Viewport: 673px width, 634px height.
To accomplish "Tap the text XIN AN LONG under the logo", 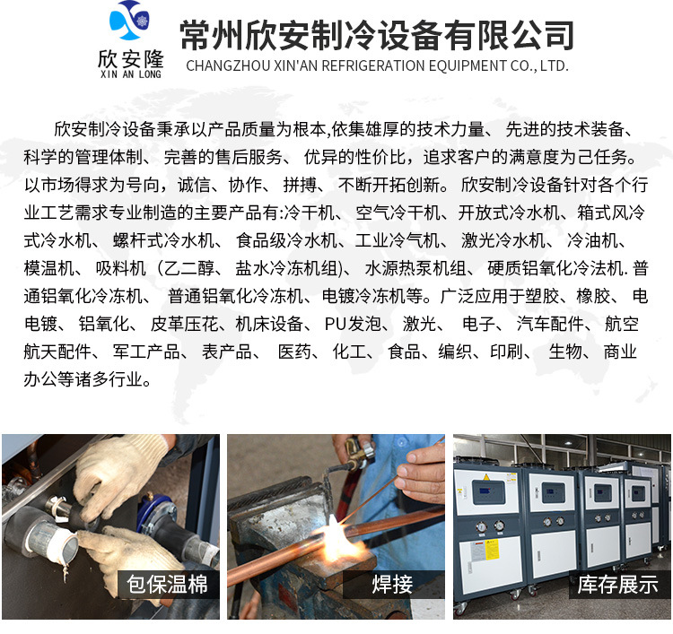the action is [130, 74].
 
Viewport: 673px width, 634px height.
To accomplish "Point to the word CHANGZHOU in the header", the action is [228, 65].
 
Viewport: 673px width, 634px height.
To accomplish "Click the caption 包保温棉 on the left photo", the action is [167, 585].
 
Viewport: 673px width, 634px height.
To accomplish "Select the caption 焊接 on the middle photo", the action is [392, 585].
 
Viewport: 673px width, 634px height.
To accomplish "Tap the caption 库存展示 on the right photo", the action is [617, 585].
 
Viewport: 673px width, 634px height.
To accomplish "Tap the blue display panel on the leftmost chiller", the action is [487, 492].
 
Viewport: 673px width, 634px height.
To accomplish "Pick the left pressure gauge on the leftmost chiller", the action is [482, 526].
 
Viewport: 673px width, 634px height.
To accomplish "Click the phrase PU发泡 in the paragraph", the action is [353, 324].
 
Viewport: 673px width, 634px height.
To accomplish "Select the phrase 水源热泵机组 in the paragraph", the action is [415, 268].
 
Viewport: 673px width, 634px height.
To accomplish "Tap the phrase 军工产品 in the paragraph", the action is [146, 352].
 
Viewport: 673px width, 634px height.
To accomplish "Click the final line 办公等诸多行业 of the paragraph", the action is [87, 379].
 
